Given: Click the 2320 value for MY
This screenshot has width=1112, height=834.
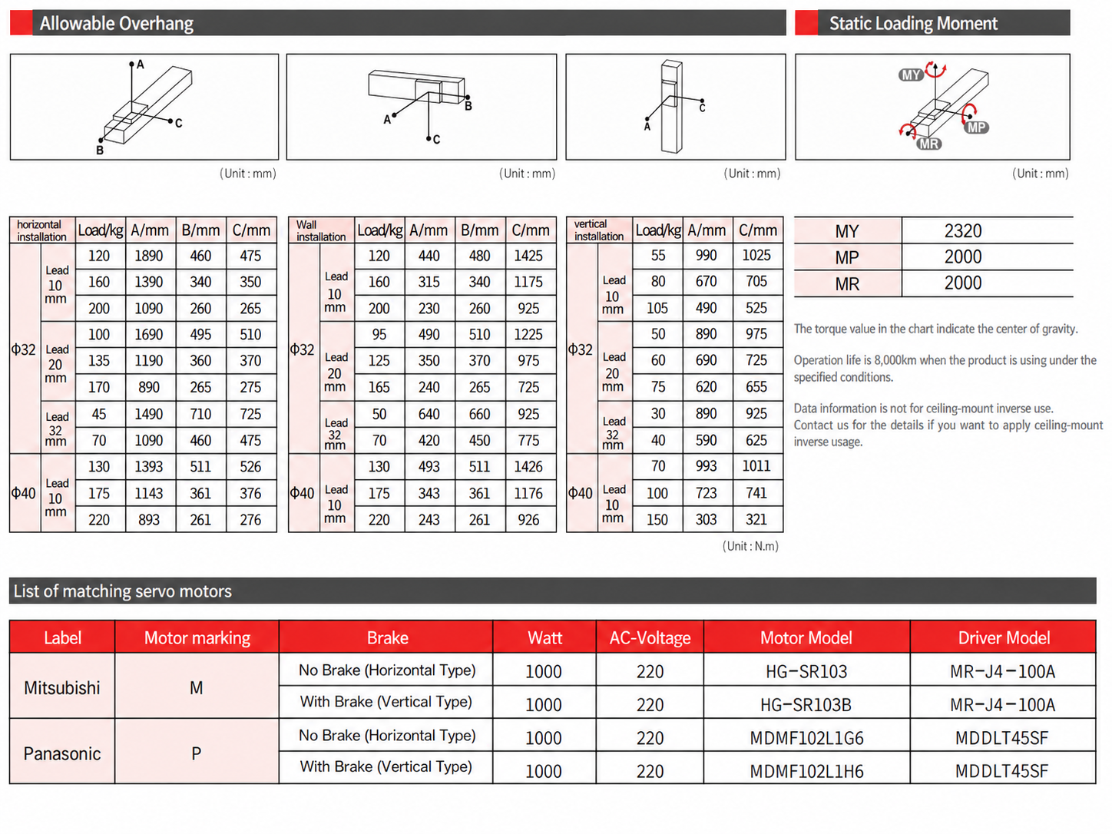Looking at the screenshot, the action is [x=962, y=231].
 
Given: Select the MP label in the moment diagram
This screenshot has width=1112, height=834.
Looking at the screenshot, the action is [x=976, y=127].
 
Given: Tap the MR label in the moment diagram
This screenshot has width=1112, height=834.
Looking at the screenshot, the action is [x=928, y=144].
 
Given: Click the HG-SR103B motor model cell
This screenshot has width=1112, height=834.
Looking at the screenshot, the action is [x=806, y=704].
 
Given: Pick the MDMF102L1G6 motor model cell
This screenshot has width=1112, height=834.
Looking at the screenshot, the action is [x=806, y=738].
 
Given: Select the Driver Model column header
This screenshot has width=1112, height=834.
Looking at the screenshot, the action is [x=1004, y=637].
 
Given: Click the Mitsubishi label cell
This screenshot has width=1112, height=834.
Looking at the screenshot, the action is [x=61, y=687].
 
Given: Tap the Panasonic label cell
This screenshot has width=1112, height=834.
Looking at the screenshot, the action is [x=61, y=753].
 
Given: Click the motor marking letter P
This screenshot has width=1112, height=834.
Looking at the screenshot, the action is [x=196, y=753].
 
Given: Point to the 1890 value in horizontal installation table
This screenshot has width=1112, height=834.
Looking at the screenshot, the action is [x=148, y=256].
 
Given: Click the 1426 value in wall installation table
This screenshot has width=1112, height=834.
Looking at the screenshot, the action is [x=528, y=466].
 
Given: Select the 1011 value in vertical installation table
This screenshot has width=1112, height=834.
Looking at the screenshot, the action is [x=756, y=466].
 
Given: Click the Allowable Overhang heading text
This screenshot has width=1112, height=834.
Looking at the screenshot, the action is [x=117, y=23].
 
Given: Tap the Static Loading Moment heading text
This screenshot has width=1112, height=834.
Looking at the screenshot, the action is [x=913, y=23].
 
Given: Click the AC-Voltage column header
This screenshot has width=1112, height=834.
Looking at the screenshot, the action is [x=650, y=637].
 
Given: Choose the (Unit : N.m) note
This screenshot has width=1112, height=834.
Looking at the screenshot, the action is [x=750, y=546].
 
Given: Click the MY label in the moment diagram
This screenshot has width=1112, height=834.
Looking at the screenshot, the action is [x=910, y=75].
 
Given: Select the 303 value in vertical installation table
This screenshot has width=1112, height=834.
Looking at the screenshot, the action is [x=706, y=519].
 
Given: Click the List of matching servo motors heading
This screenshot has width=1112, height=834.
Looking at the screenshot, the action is [x=123, y=591].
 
